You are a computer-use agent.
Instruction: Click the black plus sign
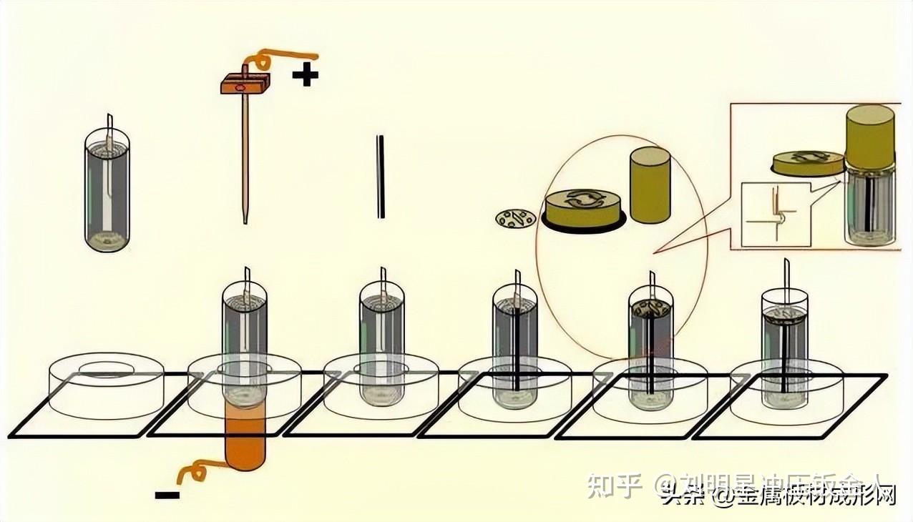306,74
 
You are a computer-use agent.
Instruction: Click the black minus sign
166,494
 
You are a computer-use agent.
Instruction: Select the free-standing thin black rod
381,177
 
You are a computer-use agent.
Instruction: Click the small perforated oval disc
516,218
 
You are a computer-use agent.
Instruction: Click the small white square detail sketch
776,215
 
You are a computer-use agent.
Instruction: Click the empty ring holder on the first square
106,386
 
